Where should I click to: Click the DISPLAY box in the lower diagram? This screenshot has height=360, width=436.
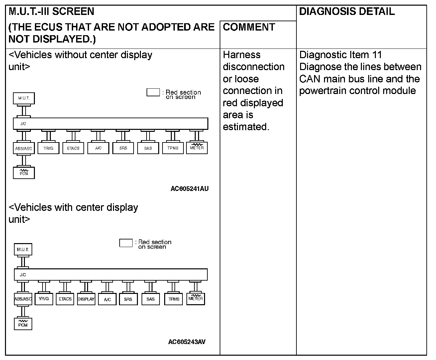(x=86, y=299)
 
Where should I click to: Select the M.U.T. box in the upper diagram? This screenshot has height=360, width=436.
(x=24, y=98)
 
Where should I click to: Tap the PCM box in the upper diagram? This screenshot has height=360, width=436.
(x=24, y=173)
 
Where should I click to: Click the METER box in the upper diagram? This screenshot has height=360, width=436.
(x=197, y=148)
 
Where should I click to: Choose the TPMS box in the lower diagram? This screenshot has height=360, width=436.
(x=173, y=299)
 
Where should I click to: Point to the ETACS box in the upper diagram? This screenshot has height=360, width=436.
(x=73, y=148)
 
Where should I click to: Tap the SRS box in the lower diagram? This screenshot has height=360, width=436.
(x=128, y=299)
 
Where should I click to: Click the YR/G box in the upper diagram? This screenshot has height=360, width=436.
(x=49, y=148)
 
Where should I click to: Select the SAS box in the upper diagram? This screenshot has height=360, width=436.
(x=148, y=148)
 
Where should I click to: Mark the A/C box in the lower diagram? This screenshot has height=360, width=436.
(x=107, y=299)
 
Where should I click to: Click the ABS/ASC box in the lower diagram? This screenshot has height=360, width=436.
(x=23, y=299)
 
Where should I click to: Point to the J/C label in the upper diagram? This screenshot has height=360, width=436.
(x=23, y=124)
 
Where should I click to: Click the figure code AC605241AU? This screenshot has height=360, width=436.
(x=189, y=189)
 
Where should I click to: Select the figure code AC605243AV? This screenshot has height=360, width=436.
(x=187, y=342)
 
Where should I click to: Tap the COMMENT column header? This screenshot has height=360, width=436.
(x=249, y=27)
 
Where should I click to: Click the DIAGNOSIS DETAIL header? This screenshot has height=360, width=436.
(x=347, y=12)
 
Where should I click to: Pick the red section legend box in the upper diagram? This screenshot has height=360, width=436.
(x=153, y=92)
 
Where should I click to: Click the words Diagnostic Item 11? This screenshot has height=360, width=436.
(x=340, y=55)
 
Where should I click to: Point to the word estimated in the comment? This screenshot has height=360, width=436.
(x=246, y=127)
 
